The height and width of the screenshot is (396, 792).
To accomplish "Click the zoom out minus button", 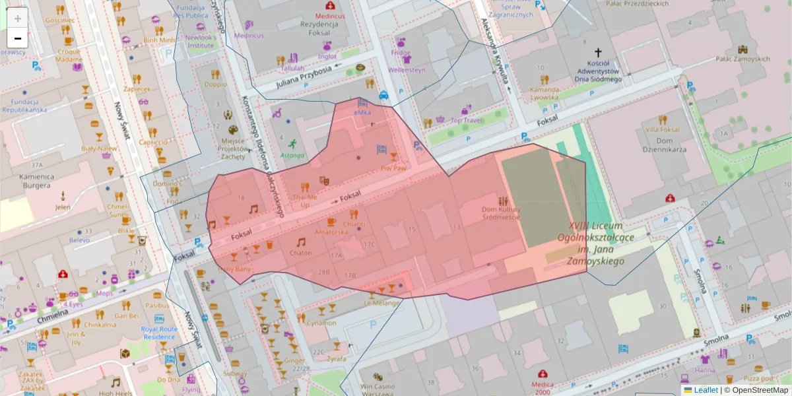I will pos(18,38).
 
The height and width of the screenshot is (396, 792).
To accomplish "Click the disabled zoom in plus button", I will pos(18,18).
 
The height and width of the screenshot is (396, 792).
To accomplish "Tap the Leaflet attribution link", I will pos(706,390).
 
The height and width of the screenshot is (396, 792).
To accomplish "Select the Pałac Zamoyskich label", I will pos(742,59).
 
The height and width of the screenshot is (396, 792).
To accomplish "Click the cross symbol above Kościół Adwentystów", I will pos(598,52).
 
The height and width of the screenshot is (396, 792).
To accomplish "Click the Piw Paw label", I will pos(393,168).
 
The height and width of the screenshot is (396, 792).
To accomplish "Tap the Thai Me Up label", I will pos(305,201).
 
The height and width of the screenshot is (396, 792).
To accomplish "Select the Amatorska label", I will pos(331,232).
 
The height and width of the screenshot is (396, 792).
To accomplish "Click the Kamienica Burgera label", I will pos(36,181).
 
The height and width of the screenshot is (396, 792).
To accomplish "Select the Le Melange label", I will pos(382,303).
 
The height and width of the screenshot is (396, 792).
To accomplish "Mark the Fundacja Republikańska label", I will pos(24,106).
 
